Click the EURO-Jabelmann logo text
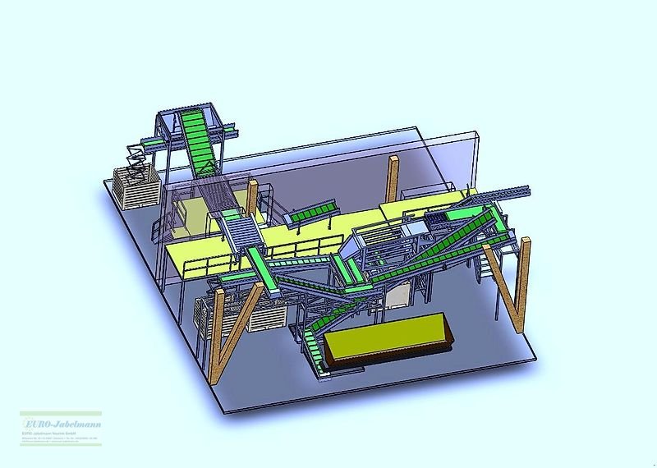pyautogui.click(x=60, y=421)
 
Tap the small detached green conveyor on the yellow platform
pyautogui.click(x=307, y=214)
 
